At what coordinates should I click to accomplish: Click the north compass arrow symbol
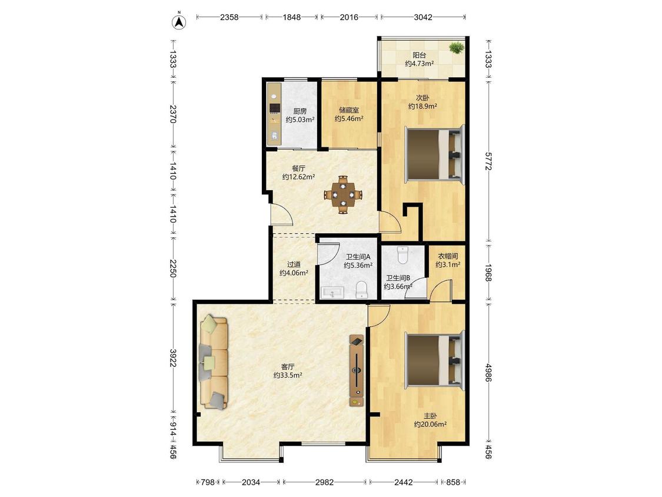179,21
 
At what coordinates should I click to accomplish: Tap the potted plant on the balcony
455,48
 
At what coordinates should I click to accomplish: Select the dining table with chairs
343,195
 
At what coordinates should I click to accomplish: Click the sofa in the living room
213,362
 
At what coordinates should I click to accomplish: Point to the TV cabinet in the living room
357,370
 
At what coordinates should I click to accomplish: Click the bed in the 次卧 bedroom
434,154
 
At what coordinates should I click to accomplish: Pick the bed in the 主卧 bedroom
434,360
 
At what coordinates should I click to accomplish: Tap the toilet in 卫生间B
402,255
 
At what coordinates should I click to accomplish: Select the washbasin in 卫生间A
332,293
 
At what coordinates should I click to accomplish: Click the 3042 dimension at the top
423,17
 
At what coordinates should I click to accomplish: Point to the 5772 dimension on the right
488,161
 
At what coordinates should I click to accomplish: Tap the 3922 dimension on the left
172,357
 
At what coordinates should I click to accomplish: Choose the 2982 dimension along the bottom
324,482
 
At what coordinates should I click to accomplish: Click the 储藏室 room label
349,110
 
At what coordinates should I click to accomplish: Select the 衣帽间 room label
448,256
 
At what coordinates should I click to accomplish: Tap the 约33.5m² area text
288,375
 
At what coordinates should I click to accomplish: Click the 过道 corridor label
294,264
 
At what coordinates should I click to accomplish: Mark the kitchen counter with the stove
274,114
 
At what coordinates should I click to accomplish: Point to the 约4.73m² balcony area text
420,64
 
